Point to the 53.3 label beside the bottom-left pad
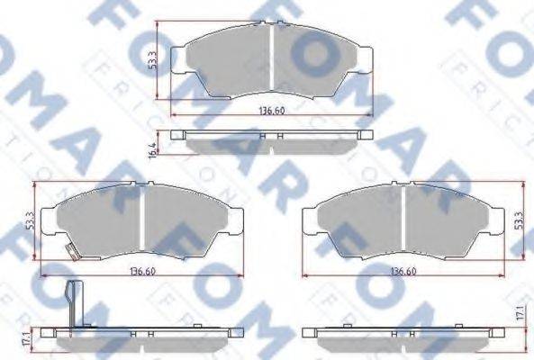[31, 219]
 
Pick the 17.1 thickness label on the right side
[519, 315]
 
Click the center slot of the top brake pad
[272, 60]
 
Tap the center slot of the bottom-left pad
[144, 220]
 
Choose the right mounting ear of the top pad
[365, 57]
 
